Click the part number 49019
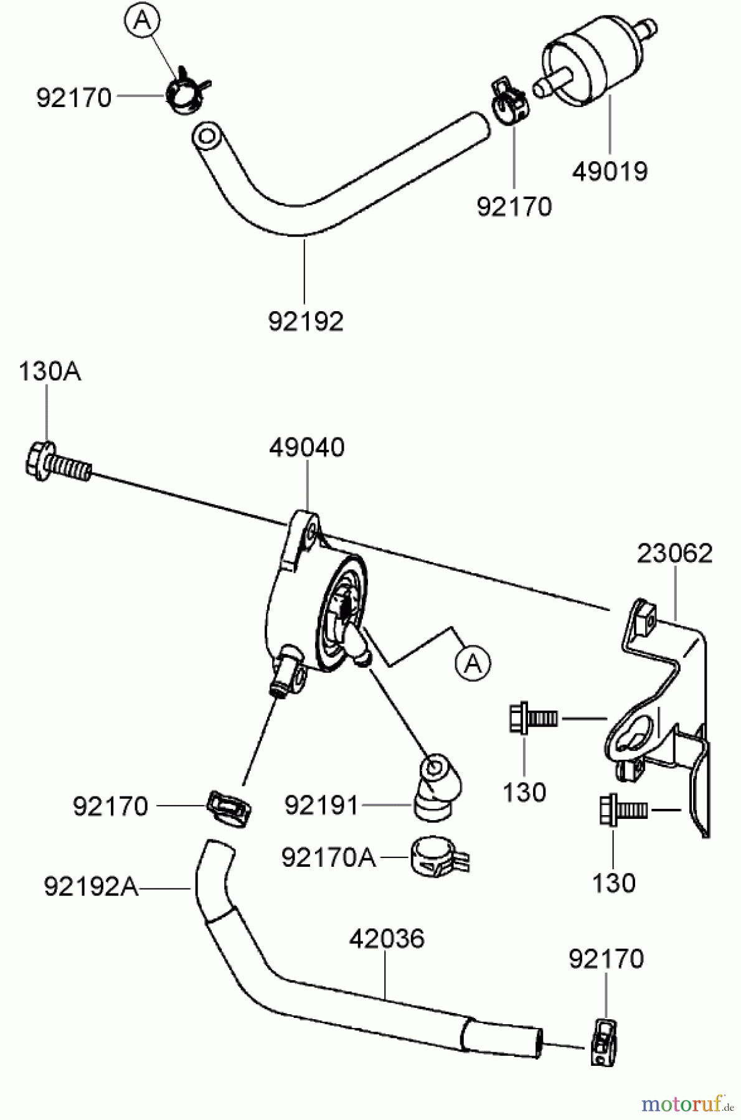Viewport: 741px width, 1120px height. click(610, 171)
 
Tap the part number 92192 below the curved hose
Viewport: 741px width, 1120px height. click(306, 322)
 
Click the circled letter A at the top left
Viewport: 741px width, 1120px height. click(143, 21)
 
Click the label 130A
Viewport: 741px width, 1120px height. click(49, 372)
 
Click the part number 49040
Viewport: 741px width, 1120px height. click(307, 447)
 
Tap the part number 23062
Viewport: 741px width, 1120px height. click(674, 553)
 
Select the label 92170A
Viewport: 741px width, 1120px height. click(328, 858)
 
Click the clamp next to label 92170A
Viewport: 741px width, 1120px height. click(438, 857)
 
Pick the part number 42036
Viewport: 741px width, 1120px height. click(387, 939)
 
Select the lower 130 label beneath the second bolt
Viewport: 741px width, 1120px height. click(613, 883)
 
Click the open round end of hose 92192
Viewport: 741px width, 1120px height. click(206, 136)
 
